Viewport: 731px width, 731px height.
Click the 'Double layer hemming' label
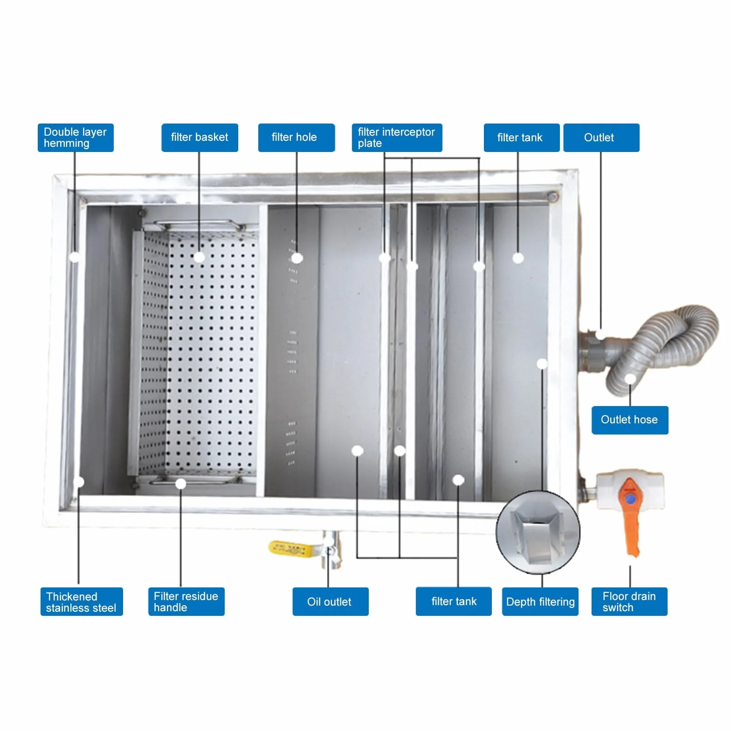click(x=76, y=138)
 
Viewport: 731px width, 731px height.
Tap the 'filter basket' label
click(x=200, y=138)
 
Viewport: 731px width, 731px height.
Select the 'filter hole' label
click(x=297, y=138)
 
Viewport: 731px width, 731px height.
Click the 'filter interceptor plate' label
click(x=397, y=138)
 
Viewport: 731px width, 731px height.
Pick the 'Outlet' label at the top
click(x=601, y=138)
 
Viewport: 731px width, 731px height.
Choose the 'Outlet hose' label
click(x=630, y=420)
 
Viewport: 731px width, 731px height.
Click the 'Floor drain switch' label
click(x=629, y=601)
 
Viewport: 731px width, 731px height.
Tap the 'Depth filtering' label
click(x=540, y=601)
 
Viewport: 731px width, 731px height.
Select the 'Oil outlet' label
click(x=331, y=601)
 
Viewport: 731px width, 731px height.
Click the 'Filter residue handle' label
click(x=186, y=601)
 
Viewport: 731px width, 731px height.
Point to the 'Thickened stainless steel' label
click(x=82, y=601)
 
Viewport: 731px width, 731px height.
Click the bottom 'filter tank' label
click(x=454, y=601)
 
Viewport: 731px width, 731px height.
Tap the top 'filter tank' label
click(x=522, y=138)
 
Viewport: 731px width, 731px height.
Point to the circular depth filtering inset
click(x=538, y=532)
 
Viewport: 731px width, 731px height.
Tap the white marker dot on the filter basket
click(x=199, y=257)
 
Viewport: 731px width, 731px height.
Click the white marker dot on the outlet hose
click(x=630, y=379)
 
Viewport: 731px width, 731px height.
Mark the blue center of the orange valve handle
click(x=630, y=499)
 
